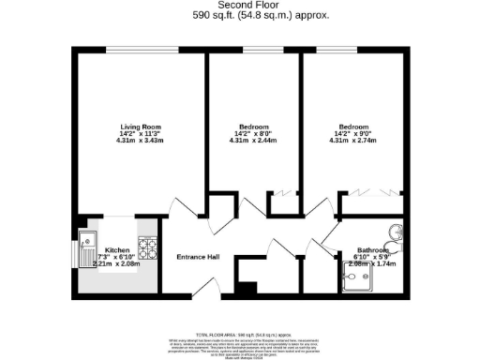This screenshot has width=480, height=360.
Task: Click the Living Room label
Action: coord(142,127)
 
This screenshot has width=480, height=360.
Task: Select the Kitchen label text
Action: coord(117,250)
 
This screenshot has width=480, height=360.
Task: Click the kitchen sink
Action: coord(87,241)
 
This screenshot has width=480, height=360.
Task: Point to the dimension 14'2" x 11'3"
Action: coord(142,134)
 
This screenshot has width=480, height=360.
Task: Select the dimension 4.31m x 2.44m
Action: coord(254,142)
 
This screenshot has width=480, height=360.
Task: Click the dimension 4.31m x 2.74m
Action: coord(353,142)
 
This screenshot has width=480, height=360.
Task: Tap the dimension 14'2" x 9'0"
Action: coord(353,134)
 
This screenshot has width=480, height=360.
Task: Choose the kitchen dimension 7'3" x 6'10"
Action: coord(117,257)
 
